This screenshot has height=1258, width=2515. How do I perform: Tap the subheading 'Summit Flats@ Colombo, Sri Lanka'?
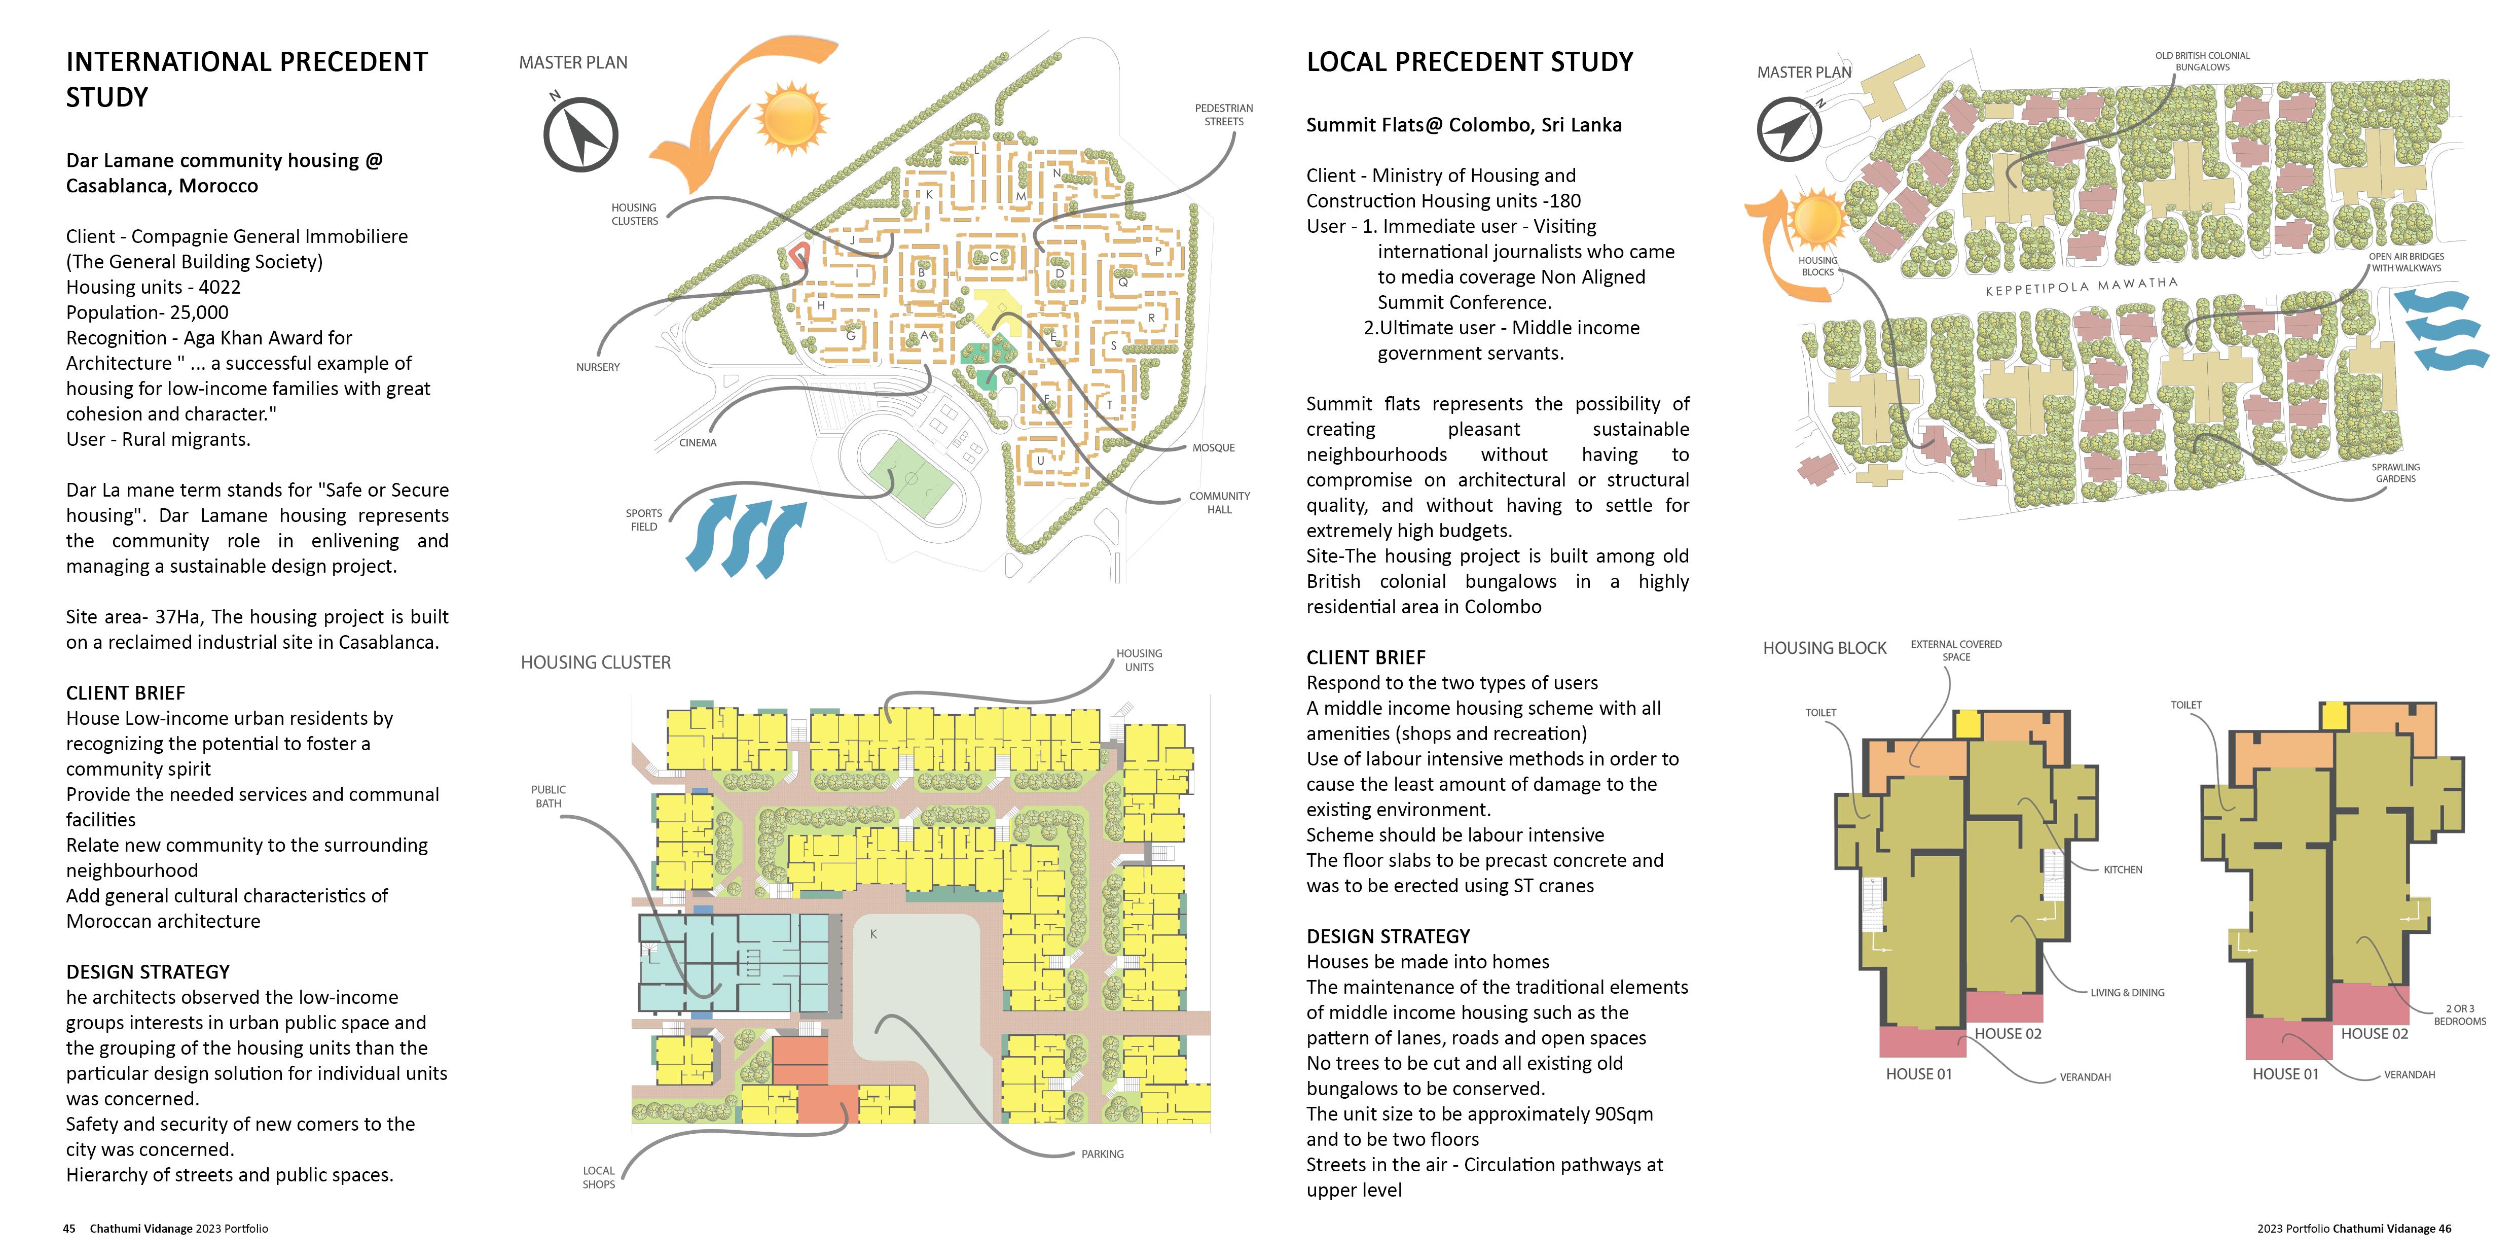click(1464, 125)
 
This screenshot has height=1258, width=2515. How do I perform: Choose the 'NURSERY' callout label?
click(598, 367)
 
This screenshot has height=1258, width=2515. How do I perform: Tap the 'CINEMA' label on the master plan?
click(697, 442)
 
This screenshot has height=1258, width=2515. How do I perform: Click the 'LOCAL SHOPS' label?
click(599, 1177)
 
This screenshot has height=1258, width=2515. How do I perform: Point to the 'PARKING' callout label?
click(1102, 1155)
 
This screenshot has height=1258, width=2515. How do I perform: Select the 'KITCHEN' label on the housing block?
click(2123, 869)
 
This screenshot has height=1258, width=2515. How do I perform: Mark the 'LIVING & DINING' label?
click(2127, 992)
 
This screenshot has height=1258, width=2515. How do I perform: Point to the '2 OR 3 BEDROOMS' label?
click(2459, 1015)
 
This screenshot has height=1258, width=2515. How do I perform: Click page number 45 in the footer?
click(69, 1229)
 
